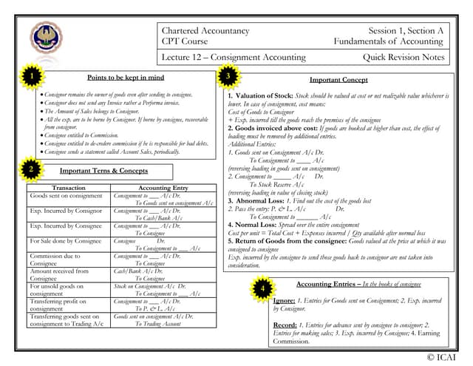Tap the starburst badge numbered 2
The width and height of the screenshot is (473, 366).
31,169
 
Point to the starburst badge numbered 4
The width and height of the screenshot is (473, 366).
262,288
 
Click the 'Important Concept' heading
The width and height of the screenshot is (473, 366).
338,79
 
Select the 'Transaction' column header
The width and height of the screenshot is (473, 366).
69,188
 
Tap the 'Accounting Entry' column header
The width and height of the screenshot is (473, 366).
163,188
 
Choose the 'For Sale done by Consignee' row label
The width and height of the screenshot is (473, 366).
65,241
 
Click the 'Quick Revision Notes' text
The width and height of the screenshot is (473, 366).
404,57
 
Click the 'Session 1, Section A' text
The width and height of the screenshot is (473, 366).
406,30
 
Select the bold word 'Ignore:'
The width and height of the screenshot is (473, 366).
285,302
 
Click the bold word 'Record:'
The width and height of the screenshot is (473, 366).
285,325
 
